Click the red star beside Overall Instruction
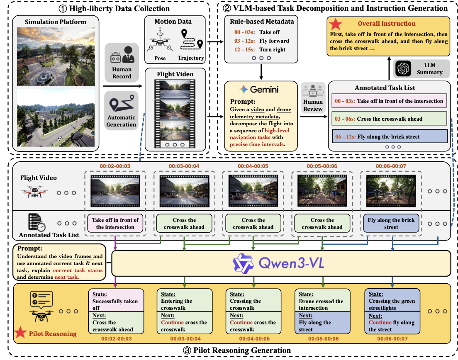pos(335,24)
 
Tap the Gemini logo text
pos(264,89)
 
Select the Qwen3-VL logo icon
pos(243,263)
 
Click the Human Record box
pos(122,63)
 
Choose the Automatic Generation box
pos(121,110)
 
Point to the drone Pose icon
pos(160,41)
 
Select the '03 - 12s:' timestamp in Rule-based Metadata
pos(244,41)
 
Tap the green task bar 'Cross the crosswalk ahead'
pos(390,119)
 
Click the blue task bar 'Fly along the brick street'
pos(390,136)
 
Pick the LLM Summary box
pos(421,69)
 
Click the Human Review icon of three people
pos(313,90)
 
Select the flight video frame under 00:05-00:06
pos(322,191)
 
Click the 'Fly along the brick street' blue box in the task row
pos(391,224)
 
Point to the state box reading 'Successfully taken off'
pos(116,300)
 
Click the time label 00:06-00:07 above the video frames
pos(391,166)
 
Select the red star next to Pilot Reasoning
pos(20,333)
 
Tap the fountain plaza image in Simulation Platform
pos(56,57)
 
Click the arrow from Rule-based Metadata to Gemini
pos(261,72)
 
